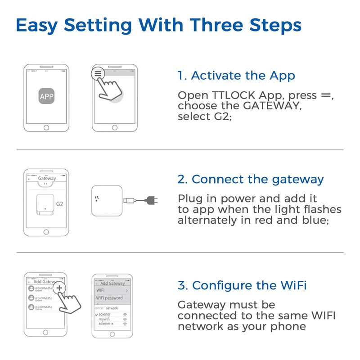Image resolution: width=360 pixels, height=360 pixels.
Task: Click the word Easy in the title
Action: [36, 25]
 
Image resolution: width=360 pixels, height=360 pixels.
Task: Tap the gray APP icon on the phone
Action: [46, 96]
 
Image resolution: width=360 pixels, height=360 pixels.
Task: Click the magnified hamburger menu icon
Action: [98, 73]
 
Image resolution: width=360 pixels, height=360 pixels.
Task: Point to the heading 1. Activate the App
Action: [236, 76]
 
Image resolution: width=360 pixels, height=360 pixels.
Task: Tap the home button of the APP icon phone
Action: [46, 127]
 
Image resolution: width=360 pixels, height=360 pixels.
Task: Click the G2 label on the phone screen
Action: [60, 204]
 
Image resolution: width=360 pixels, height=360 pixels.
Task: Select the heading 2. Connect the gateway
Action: [250, 179]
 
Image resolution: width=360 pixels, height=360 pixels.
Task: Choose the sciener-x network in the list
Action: [107, 324]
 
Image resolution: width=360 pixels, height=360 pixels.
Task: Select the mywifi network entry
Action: [105, 319]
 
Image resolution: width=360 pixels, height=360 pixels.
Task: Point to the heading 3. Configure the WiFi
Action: [243, 285]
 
